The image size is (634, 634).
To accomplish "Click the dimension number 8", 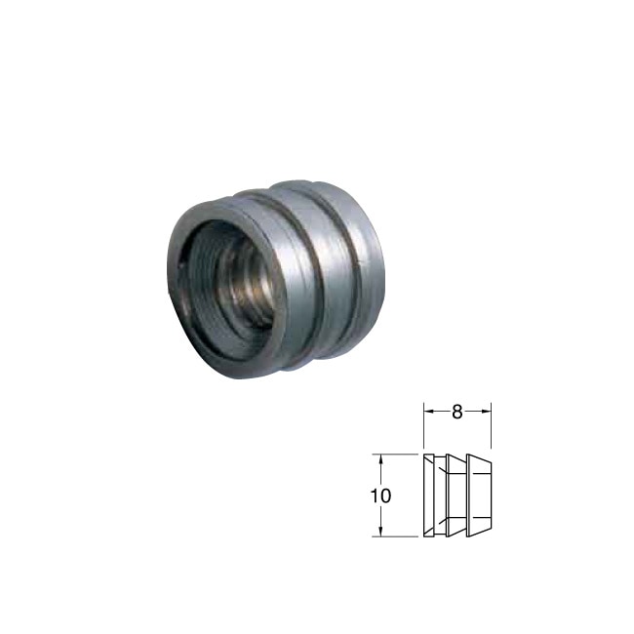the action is pos(456,412).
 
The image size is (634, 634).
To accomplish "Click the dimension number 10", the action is pos(380,495).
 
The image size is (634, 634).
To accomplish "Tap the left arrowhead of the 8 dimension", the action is pos(428,412).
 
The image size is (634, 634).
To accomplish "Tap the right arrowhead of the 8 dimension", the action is pos(486,412).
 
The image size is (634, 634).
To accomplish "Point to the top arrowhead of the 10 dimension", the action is pos(380,459).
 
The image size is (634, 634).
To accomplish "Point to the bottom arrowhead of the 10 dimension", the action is pos(380,533).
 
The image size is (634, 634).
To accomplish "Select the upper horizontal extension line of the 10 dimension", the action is pos(395,455).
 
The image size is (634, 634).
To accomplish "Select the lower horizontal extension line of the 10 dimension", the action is pos(395,537).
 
